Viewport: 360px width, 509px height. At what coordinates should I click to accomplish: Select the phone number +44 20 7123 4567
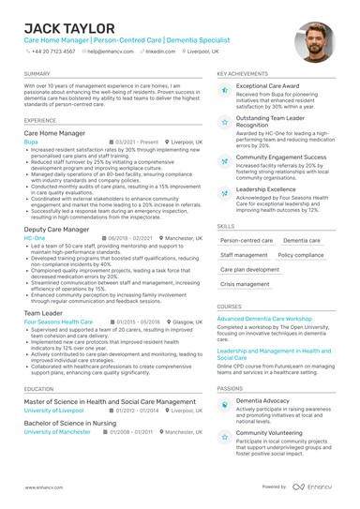point(54,52)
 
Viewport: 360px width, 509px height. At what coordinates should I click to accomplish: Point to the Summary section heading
point(37,73)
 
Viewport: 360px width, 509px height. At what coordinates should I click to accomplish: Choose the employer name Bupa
point(31,142)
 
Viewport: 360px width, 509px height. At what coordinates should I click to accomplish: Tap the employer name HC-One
point(34,238)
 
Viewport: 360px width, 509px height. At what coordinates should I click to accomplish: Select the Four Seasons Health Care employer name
point(58,322)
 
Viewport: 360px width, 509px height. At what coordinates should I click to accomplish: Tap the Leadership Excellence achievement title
point(266,188)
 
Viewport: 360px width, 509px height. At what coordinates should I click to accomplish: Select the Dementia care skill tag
point(301,240)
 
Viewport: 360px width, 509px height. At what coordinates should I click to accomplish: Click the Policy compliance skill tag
point(301,254)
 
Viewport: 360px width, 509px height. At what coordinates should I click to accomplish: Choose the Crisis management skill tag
point(245,283)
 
